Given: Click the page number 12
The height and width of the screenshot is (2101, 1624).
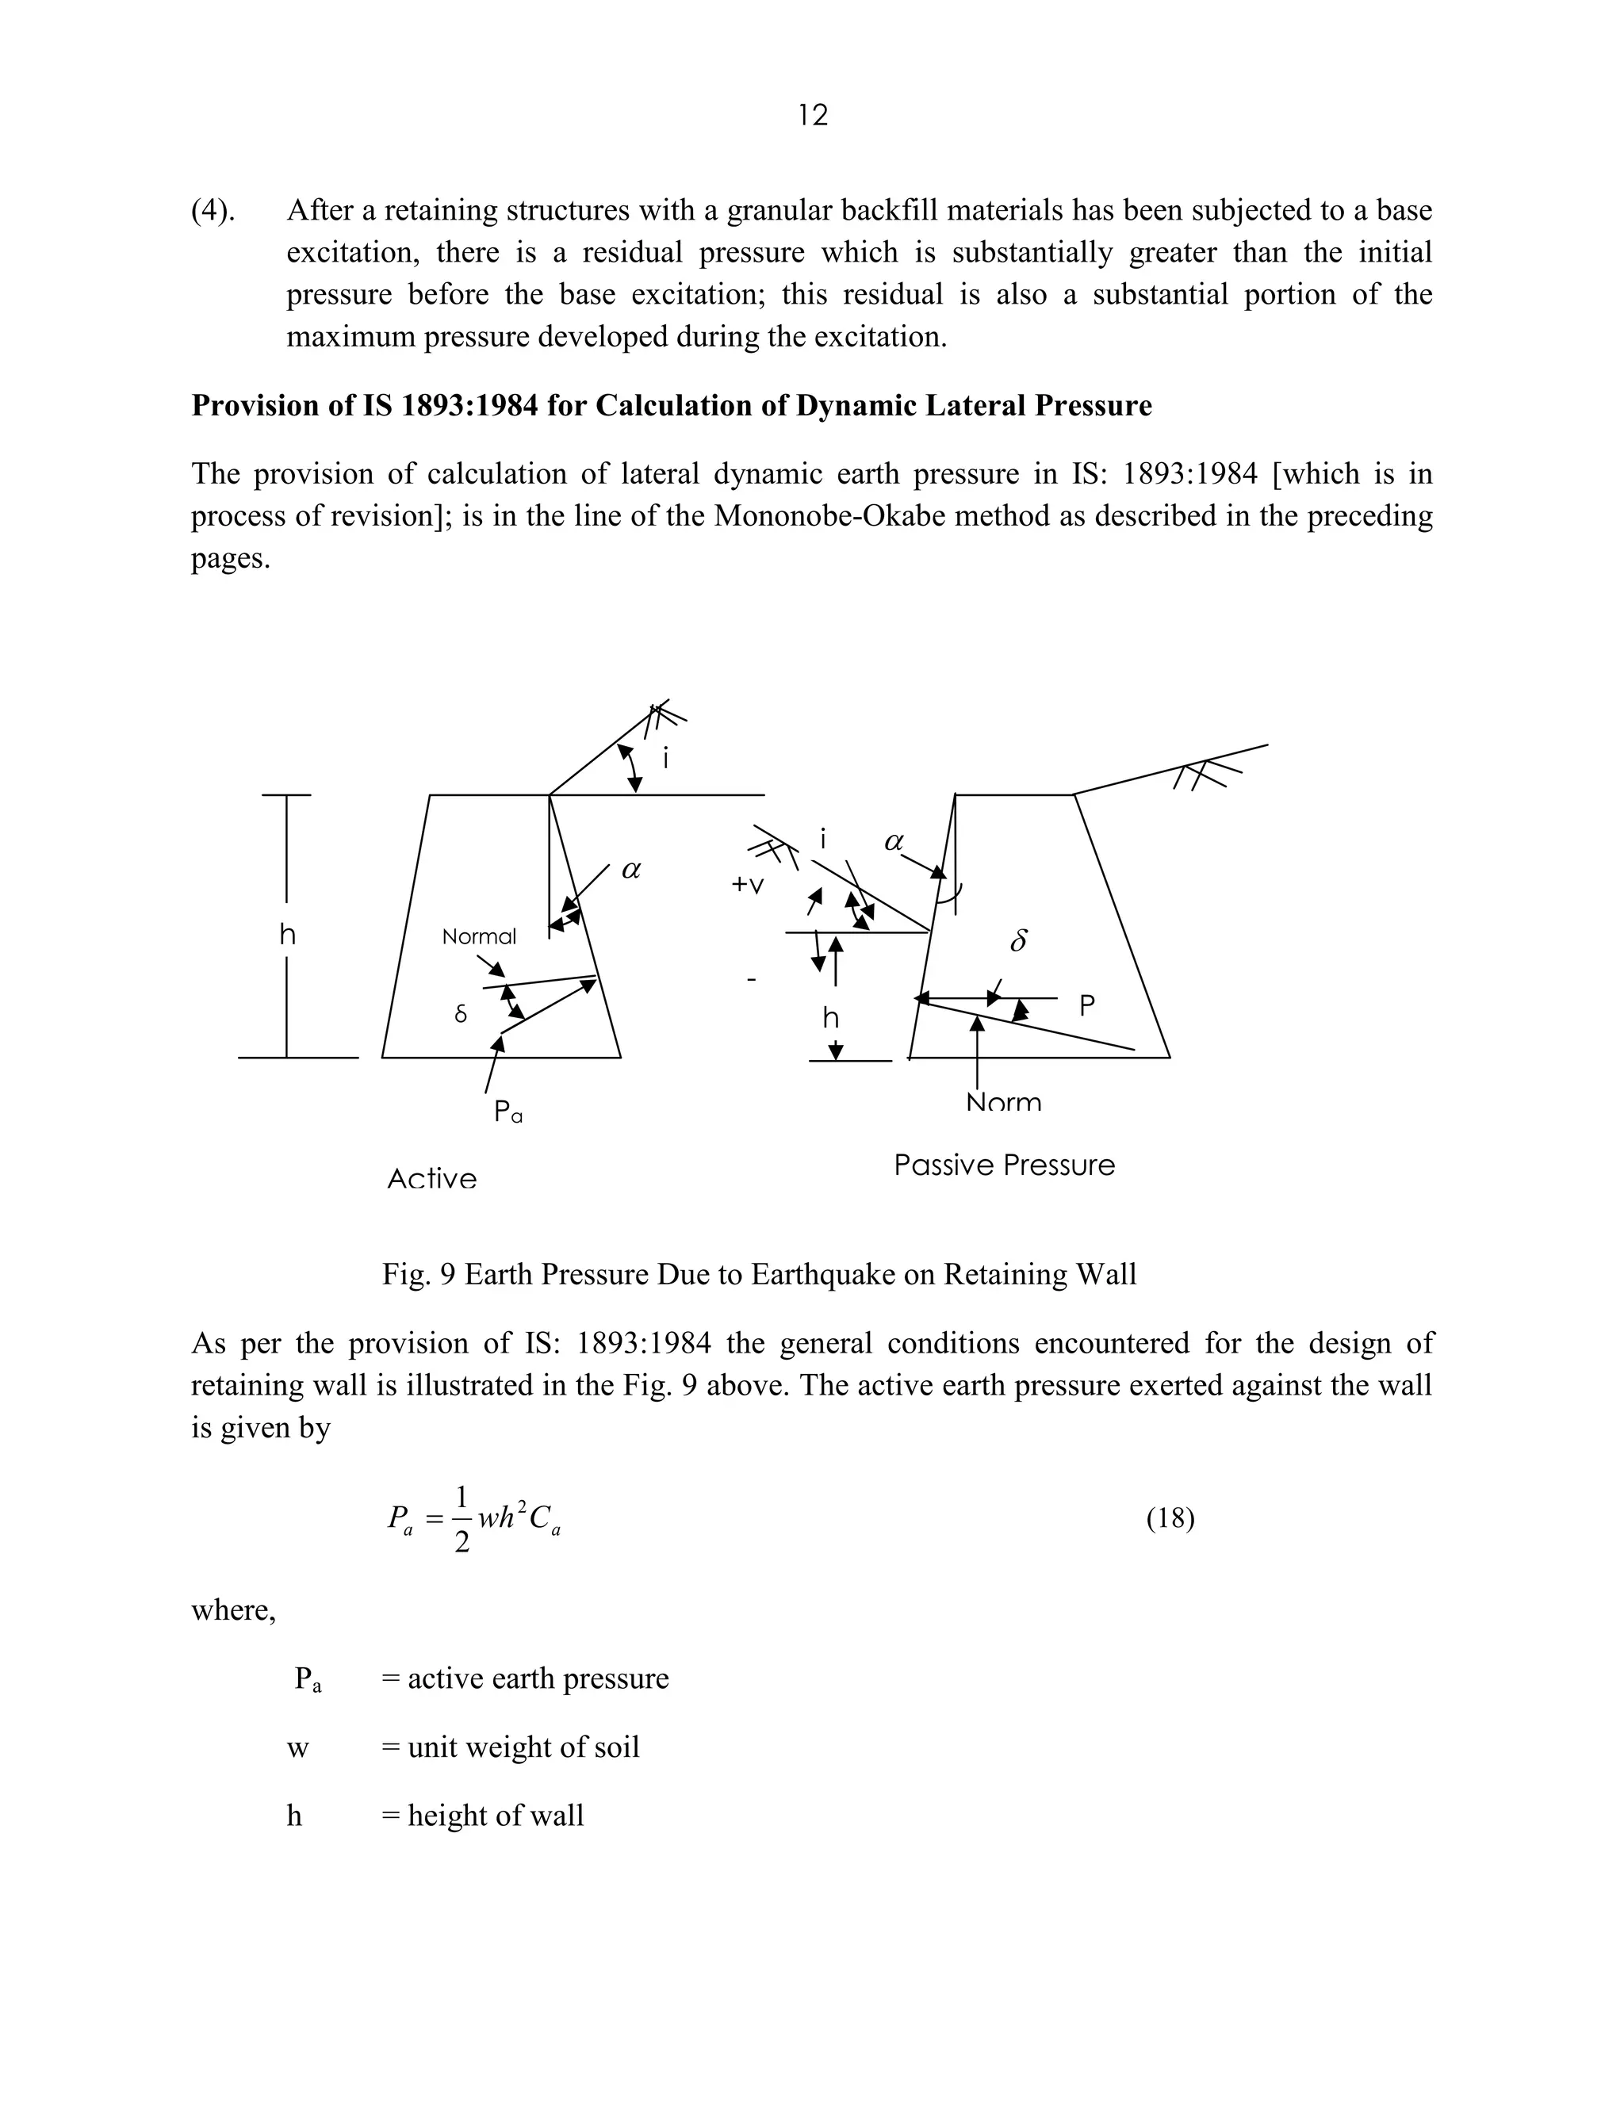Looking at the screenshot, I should [x=813, y=116].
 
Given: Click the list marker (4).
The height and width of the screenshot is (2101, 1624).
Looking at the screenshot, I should [x=213, y=211].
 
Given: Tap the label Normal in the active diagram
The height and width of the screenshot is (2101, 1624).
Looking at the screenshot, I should [x=479, y=936].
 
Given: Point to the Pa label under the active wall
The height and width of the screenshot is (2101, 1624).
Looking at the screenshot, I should [x=508, y=1112].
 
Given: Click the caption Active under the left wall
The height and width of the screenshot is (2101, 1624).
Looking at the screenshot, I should [x=432, y=1178].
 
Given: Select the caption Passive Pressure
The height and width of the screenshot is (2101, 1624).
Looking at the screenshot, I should [x=1005, y=1165].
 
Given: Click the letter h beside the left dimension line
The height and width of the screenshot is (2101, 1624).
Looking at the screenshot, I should [x=288, y=934].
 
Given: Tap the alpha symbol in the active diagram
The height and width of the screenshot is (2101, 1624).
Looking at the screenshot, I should [x=631, y=870].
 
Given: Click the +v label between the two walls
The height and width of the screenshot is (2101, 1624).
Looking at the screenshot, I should [x=748, y=884].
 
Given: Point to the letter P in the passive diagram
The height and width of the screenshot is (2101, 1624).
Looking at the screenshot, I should [x=1087, y=1006].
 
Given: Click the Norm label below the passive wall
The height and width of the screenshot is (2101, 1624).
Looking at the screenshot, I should [x=1003, y=1103].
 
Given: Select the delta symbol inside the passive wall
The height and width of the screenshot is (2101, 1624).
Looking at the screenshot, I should [x=1019, y=941].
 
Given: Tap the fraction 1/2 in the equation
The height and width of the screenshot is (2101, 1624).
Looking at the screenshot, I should [x=462, y=1519].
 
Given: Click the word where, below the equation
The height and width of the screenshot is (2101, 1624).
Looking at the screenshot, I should [x=234, y=1609].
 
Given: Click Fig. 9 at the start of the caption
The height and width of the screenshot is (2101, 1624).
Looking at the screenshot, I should [x=419, y=1275].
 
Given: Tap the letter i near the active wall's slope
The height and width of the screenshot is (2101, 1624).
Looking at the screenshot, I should [x=666, y=759].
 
